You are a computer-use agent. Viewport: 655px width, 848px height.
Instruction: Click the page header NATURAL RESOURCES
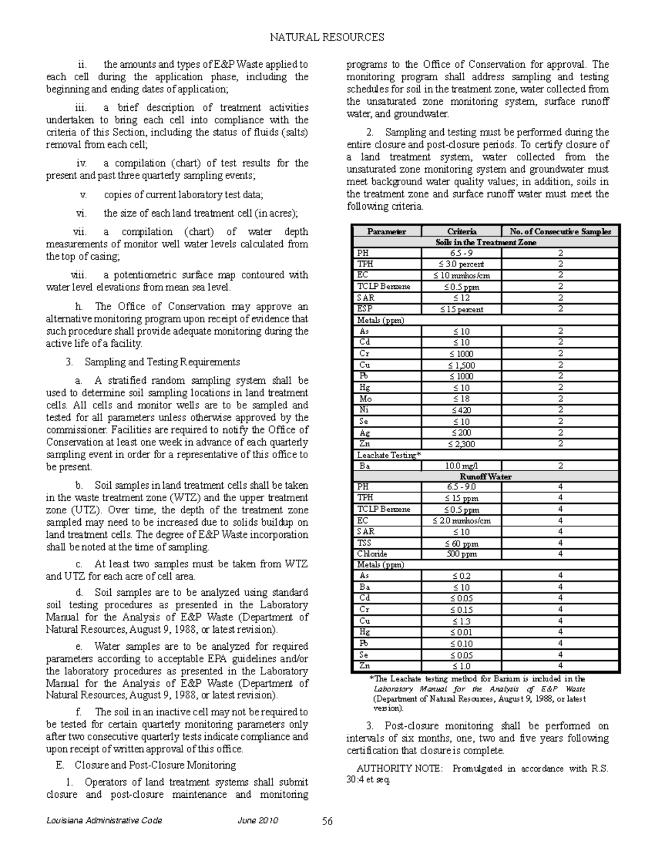tap(327, 37)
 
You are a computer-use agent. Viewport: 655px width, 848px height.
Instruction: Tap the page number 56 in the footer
tap(327, 821)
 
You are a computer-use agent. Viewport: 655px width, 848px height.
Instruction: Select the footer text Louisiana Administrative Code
tap(104, 821)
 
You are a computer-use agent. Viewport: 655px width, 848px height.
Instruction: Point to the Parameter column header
tap(386, 232)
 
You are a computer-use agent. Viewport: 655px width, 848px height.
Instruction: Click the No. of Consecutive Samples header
tap(560, 232)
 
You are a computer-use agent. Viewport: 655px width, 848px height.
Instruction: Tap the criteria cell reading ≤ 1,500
tap(461, 365)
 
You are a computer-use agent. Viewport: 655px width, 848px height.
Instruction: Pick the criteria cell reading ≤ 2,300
tap(461, 444)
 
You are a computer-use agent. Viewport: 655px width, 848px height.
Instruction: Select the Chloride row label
tap(372, 554)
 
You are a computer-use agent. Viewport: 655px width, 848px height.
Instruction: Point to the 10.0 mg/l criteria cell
tap(461, 466)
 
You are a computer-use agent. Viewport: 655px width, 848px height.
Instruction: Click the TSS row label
tap(364, 543)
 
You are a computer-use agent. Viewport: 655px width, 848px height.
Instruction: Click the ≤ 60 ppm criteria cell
tap(461, 543)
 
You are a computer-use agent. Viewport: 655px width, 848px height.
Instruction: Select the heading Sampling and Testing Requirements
tap(162, 362)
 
